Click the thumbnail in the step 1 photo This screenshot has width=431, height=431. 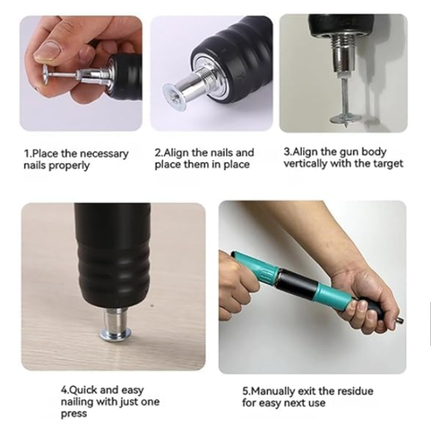pyautogui.click(x=48, y=51)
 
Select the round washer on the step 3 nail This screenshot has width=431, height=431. pyautogui.click(x=343, y=119)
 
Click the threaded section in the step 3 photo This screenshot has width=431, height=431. pyautogui.click(x=343, y=41)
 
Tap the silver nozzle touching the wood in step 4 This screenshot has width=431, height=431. pyautogui.click(x=116, y=325)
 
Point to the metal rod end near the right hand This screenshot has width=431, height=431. pyautogui.click(x=399, y=320)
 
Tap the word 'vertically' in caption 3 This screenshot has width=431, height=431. pyautogui.click(x=305, y=164)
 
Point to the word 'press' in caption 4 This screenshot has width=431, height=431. pyautogui.click(x=74, y=414)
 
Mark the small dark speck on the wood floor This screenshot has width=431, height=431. pyautogui.click(x=152, y=305)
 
